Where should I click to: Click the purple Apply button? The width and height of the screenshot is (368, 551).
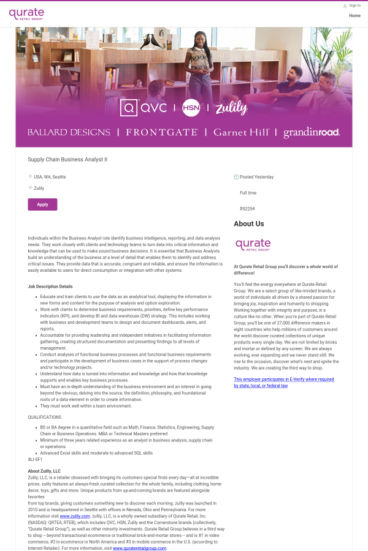(x=42, y=204)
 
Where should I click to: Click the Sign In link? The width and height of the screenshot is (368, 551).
(x=355, y=6)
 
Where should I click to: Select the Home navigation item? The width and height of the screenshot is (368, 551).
(x=355, y=16)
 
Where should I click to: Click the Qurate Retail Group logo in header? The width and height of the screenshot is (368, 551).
(x=26, y=13)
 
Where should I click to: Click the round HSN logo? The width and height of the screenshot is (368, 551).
(x=191, y=108)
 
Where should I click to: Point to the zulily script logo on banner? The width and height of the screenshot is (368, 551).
(x=231, y=108)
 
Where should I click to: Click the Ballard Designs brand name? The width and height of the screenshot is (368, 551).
(x=69, y=132)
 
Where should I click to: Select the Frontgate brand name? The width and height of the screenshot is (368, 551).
(x=162, y=132)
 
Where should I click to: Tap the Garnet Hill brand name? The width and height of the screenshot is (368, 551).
(x=241, y=132)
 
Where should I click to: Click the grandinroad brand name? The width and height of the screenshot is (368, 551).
(x=311, y=132)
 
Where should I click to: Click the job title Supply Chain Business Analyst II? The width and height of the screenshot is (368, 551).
(x=67, y=159)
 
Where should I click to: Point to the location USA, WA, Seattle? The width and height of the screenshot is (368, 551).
(x=50, y=177)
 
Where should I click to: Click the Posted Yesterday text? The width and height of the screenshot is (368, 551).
(x=256, y=177)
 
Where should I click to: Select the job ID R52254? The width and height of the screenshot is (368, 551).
(x=247, y=209)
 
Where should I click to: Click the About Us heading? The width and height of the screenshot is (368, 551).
(x=249, y=224)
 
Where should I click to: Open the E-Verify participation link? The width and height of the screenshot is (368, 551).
(x=284, y=383)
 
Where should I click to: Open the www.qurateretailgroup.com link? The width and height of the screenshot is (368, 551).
(x=139, y=548)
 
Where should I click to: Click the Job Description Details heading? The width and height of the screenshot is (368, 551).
(x=50, y=287)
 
